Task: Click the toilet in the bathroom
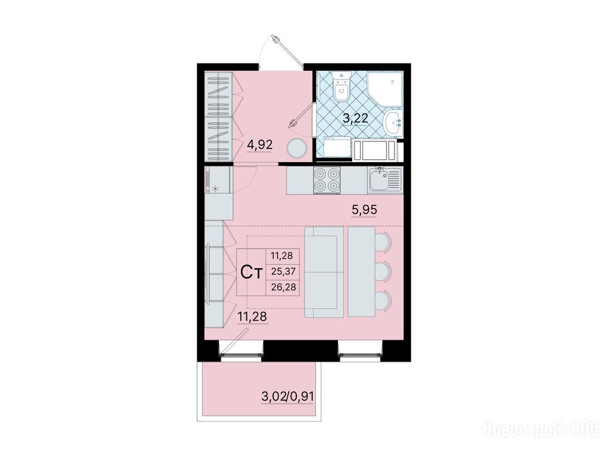pyautogui.click(x=341, y=87)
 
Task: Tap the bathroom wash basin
pyautogui.click(x=393, y=123)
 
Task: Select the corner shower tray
pyautogui.click(x=385, y=89)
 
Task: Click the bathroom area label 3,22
pyautogui.click(x=355, y=118)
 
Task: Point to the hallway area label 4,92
pyautogui.click(x=260, y=145)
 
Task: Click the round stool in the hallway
pyautogui.click(x=297, y=148)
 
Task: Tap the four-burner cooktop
pyautogui.click(x=327, y=180)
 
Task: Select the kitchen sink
pyautogui.click(x=385, y=180)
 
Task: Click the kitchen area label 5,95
pyautogui.click(x=364, y=210)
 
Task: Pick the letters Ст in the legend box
pyautogui.click(x=252, y=272)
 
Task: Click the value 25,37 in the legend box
pyautogui.click(x=283, y=271)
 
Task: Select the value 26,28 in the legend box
pyautogui.click(x=283, y=287)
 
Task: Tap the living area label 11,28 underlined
pyautogui.click(x=252, y=317)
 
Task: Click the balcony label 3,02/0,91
pyautogui.click(x=288, y=397)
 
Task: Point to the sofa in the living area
pyautogui.click(x=324, y=272)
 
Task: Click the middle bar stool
pyautogui.click(x=383, y=271)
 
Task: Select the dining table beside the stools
pyautogui.click(x=362, y=271)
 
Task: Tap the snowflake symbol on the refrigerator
pyautogui.click(x=216, y=189)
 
